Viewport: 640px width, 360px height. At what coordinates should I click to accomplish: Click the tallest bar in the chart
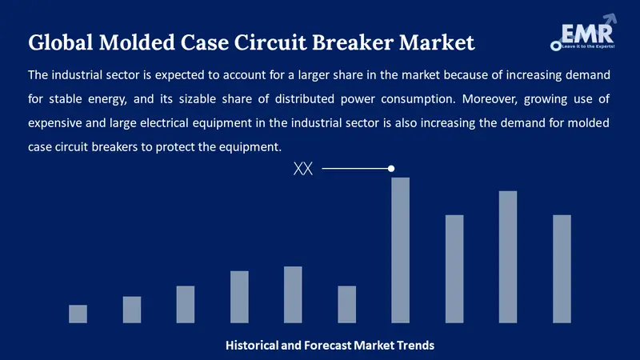400,250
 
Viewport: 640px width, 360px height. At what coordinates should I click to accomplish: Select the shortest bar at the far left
78,314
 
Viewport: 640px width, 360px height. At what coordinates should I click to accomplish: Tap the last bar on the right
562,269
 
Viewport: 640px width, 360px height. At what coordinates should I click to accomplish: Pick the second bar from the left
131,310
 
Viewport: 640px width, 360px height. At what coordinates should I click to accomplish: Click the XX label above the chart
303,170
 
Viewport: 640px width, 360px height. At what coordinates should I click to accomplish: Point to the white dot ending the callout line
391,169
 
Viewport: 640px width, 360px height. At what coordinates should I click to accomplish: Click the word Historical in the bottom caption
252,346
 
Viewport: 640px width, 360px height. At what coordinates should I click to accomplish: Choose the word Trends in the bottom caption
414,346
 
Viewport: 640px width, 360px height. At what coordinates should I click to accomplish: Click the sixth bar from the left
346,304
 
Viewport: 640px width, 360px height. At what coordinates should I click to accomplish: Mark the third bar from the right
454,269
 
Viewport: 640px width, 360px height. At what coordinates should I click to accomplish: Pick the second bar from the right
508,257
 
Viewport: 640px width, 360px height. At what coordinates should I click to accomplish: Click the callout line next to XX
356,169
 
